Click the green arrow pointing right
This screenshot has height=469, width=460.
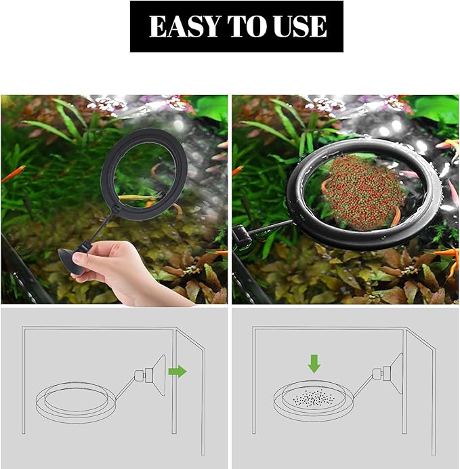coord(177,371)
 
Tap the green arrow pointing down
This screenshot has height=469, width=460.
coord(314,365)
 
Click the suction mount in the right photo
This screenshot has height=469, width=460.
coord(239,235)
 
